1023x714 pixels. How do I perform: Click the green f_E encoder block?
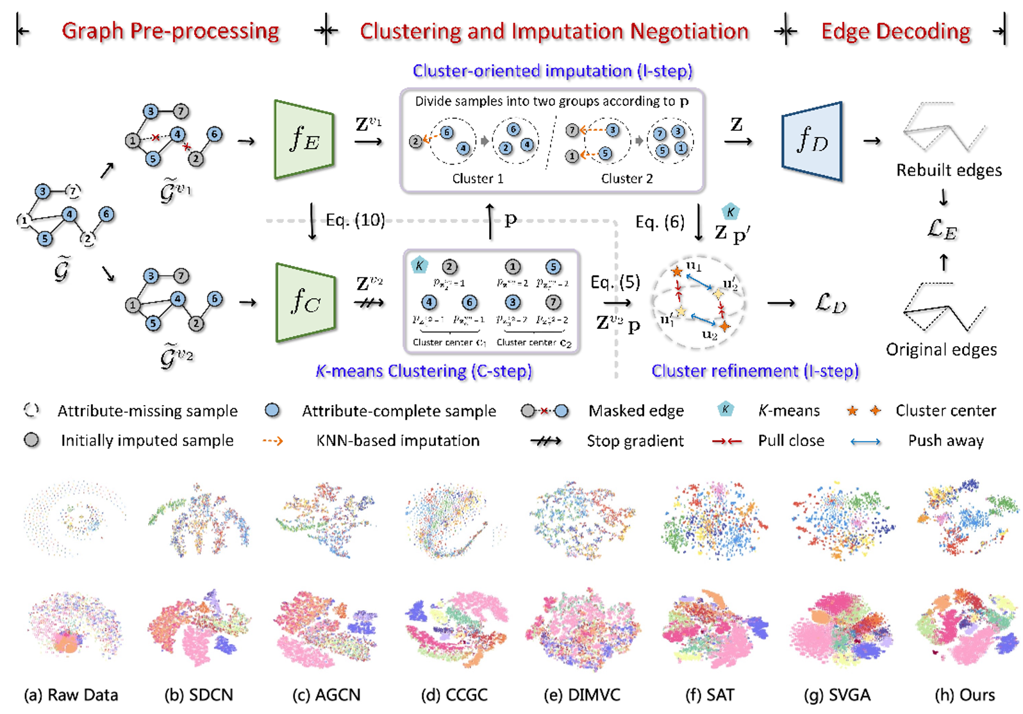(x=304, y=139)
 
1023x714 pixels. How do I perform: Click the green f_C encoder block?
(x=305, y=302)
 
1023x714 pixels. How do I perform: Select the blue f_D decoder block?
(x=811, y=140)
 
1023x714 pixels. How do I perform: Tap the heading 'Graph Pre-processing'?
(x=170, y=31)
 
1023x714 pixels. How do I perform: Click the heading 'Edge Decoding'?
(x=895, y=31)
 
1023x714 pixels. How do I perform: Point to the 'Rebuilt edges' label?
(x=949, y=170)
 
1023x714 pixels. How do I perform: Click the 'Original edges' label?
(x=941, y=349)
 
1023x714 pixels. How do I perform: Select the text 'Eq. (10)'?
(x=355, y=220)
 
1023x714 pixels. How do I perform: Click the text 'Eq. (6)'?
(x=660, y=222)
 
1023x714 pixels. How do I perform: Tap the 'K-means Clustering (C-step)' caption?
(x=424, y=371)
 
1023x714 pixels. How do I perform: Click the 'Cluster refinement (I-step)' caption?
(x=754, y=371)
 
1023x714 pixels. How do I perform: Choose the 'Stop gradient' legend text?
(x=635, y=441)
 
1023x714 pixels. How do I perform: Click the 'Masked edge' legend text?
(x=636, y=411)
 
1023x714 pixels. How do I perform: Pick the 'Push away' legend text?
(x=945, y=441)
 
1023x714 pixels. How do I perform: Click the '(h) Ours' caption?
(x=964, y=695)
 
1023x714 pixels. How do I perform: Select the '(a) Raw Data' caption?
(x=71, y=695)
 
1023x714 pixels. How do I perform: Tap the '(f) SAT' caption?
(x=710, y=695)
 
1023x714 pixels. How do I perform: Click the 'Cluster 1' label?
(x=478, y=179)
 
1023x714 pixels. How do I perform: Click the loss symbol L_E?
(x=942, y=229)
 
